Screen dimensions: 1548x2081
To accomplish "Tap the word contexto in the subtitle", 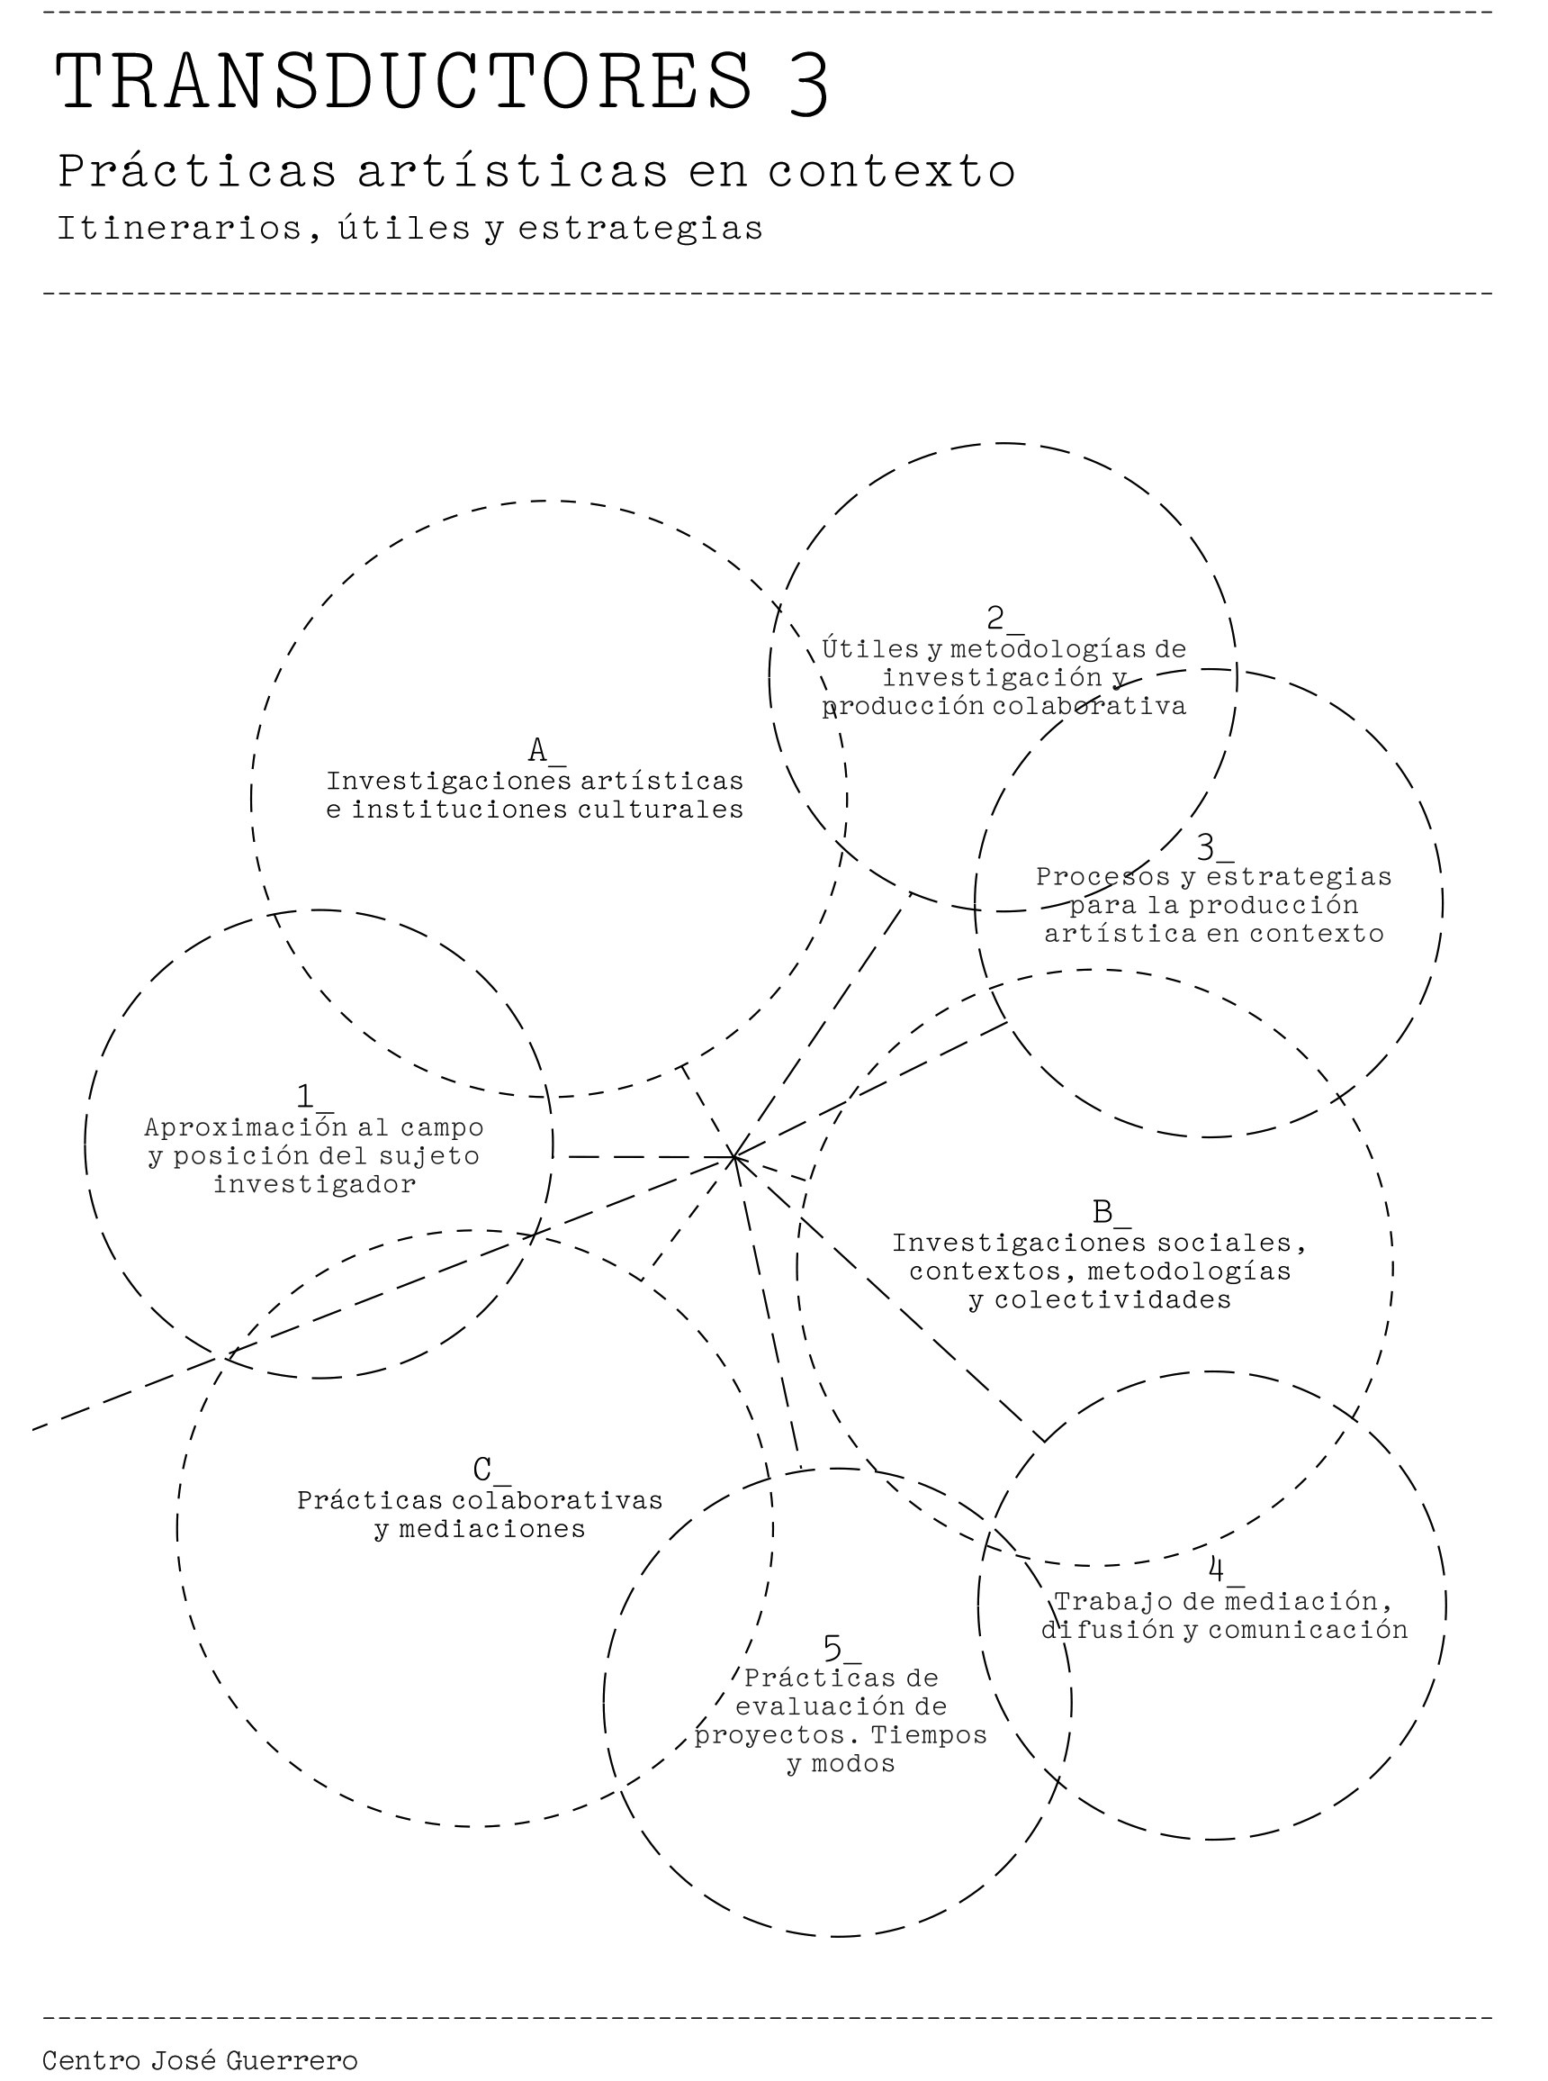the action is pos(891,172).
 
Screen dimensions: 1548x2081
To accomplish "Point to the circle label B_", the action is pos(1111,1213).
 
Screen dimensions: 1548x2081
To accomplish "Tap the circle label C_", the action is pos(491,1470).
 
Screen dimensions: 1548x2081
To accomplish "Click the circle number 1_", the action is pos(315,1097).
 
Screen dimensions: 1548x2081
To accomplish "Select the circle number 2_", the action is pos(1005,619).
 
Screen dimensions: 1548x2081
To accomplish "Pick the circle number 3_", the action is pos(1215,847).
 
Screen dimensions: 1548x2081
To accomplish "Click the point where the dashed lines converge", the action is pos(734,1158).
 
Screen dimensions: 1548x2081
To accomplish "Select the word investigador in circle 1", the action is pos(315,1184).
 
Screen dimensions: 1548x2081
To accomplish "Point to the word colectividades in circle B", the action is pos(1112,1300).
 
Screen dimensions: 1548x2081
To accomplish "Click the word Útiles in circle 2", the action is pos(870,647).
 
